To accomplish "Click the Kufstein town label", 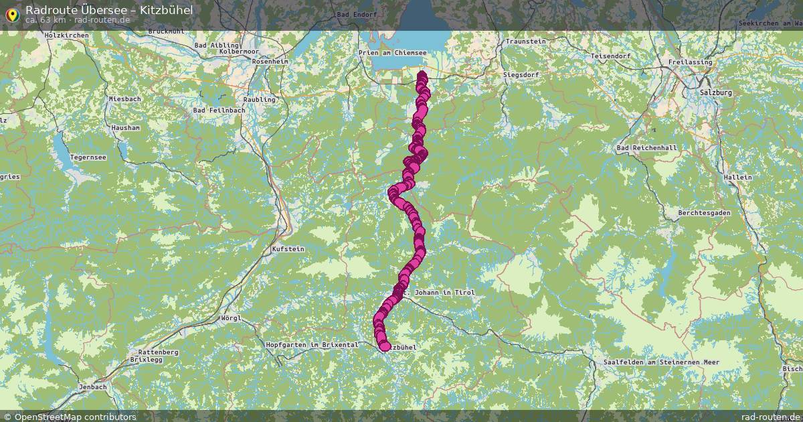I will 288,249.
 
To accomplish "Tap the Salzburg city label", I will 715,92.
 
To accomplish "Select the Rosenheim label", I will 270,62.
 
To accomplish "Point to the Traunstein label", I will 526,42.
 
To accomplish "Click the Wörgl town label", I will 231,318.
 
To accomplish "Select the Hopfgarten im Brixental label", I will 312,345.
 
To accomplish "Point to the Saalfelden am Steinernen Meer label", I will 661,362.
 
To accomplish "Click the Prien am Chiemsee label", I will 392,52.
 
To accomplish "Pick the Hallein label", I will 737,177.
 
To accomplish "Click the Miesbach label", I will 125,99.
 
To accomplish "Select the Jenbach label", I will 92,387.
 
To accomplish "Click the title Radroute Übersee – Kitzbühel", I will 109,9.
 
